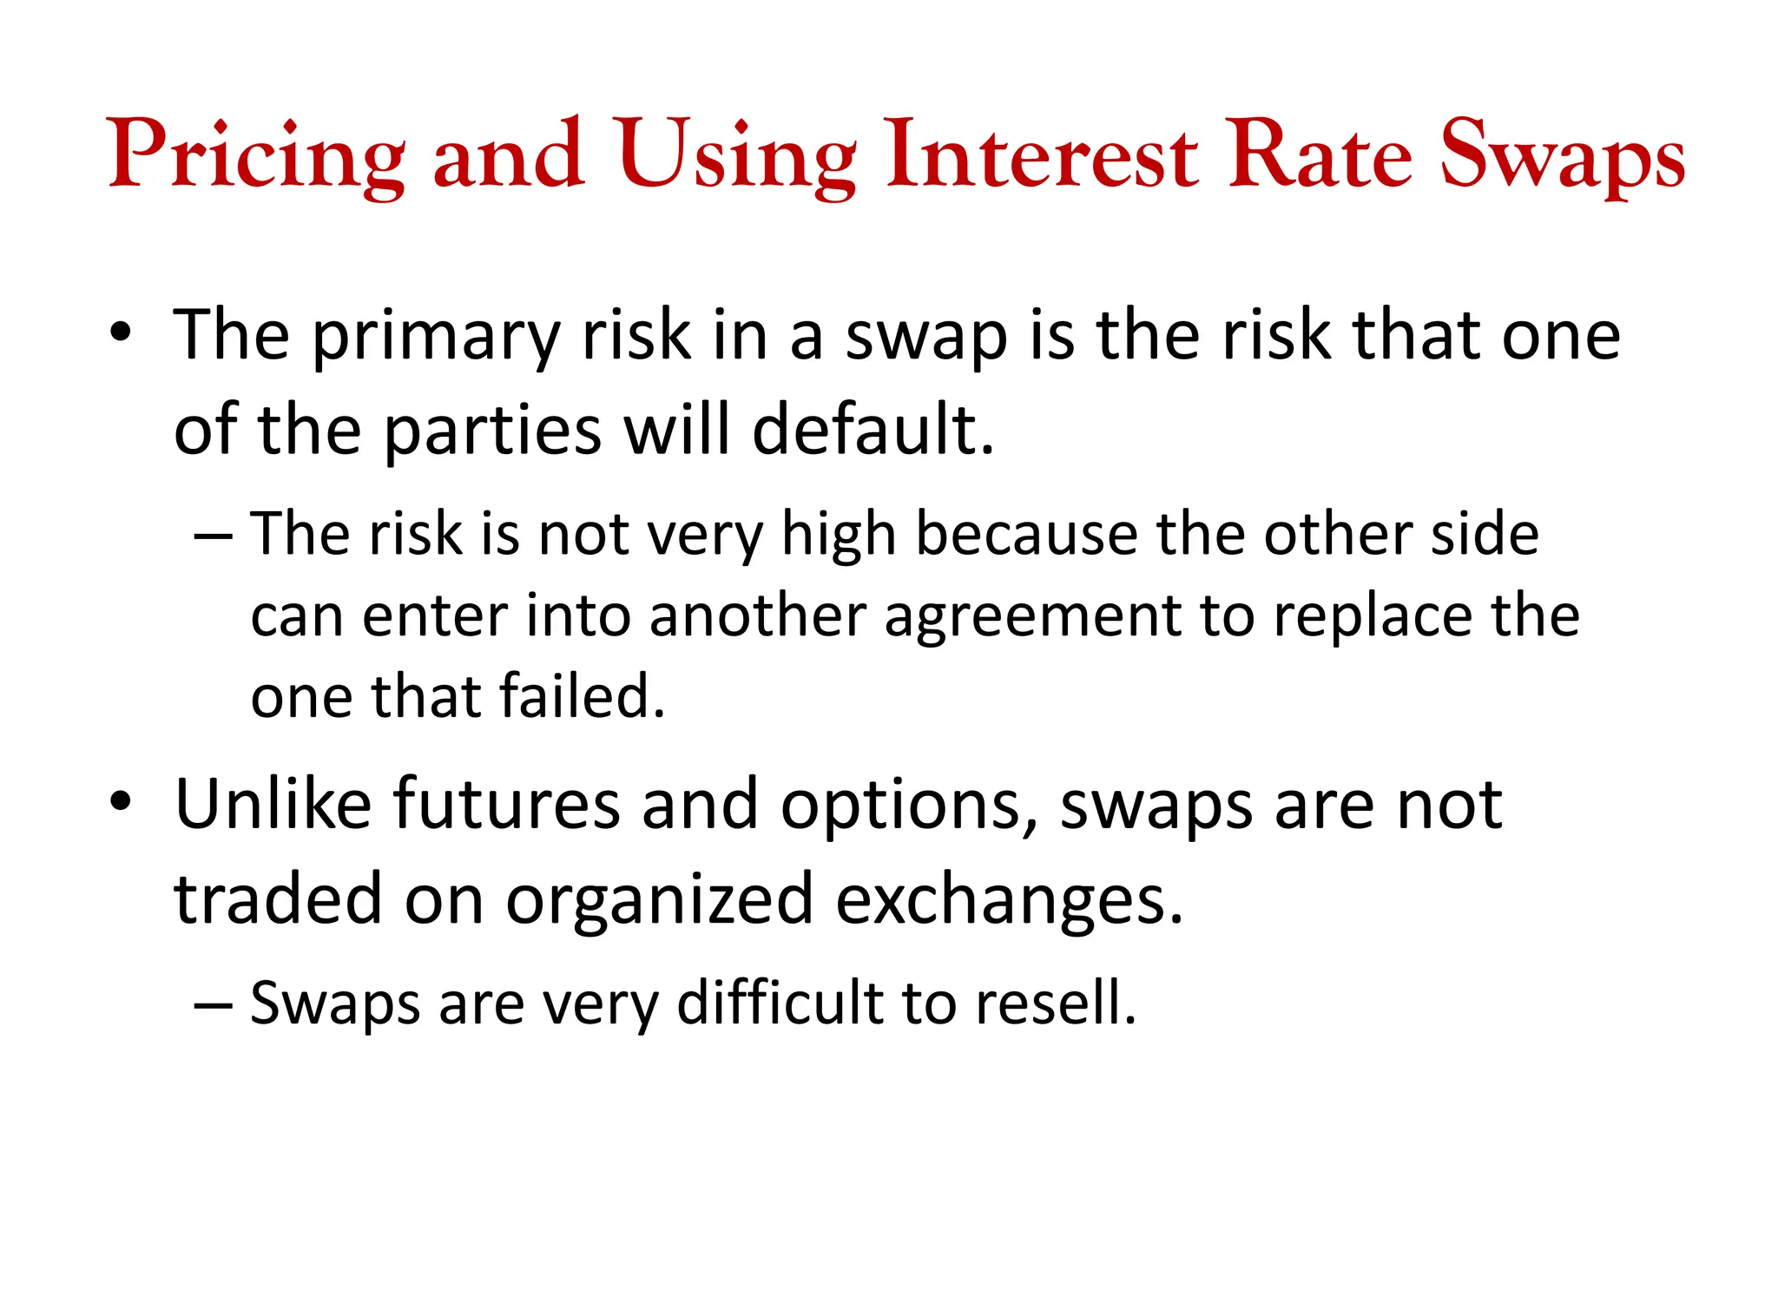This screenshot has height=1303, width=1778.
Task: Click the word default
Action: click(872, 431)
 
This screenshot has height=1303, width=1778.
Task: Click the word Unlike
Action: click(273, 805)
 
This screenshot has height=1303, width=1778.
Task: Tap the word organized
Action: click(660, 900)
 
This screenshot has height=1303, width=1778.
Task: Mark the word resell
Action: click(1056, 1004)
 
